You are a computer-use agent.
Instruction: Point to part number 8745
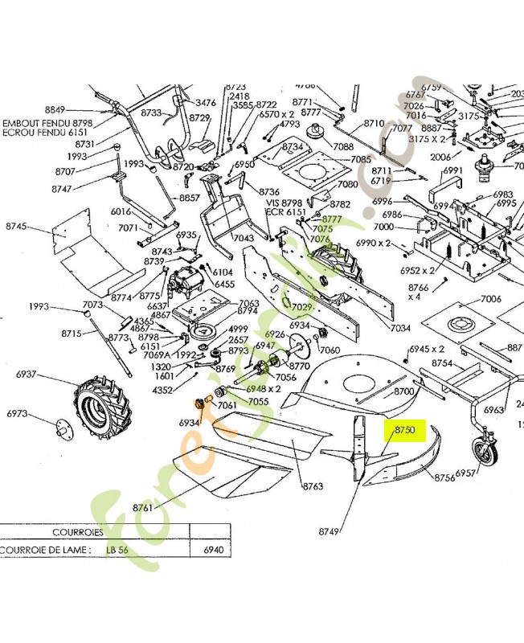click(x=17, y=227)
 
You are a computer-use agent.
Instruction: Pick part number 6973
click(x=18, y=414)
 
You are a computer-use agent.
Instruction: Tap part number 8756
click(x=444, y=477)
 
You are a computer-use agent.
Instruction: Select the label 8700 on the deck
click(x=403, y=391)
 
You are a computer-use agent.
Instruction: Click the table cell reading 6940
click(x=213, y=551)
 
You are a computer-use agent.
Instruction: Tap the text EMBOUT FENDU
click(x=30, y=124)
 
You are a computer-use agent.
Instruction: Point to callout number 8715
click(x=72, y=333)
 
